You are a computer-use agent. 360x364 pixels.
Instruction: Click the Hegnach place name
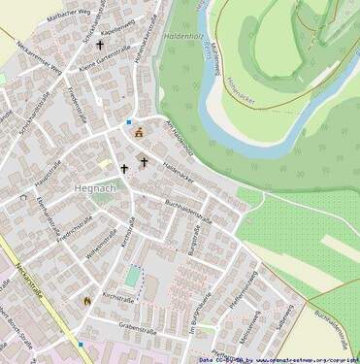point(95,187)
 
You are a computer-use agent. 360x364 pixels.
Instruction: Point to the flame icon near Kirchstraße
point(86,301)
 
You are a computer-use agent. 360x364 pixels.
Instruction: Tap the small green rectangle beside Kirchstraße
point(132,277)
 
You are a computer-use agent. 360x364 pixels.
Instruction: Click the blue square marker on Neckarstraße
point(81,343)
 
